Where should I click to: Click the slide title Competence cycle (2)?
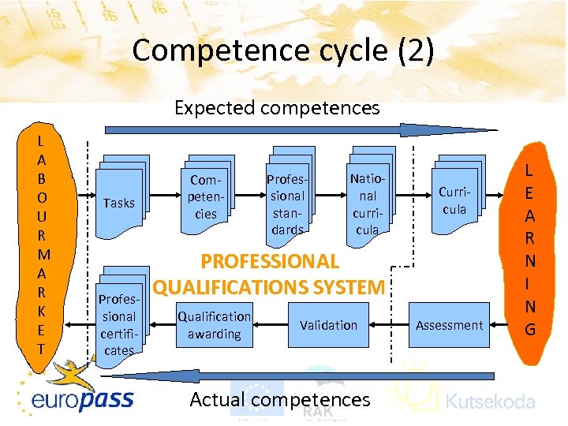(283, 50)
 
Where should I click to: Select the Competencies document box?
(206, 196)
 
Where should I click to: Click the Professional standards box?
(287, 197)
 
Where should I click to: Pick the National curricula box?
(368, 196)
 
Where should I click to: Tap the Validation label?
(328, 325)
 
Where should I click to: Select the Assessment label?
(449, 325)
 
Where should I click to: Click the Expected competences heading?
(277, 107)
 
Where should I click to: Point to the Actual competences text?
(280, 400)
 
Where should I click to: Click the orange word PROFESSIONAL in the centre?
(271, 262)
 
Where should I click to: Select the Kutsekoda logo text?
(490, 402)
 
